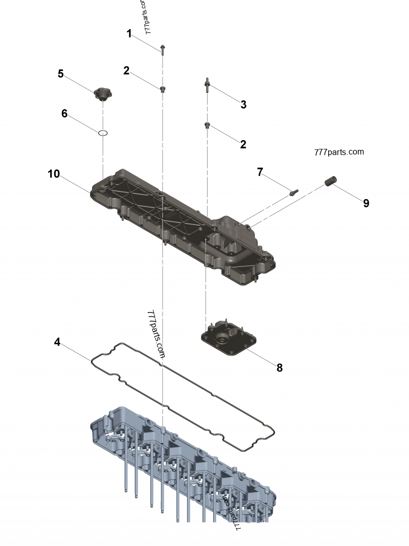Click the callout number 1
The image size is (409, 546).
[129, 34]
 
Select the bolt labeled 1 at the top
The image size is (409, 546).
[162, 49]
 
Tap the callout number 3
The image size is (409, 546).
[243, 104]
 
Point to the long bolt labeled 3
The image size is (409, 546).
[207, 85]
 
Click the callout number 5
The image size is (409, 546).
[61, 74]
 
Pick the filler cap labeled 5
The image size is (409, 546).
[104, 94]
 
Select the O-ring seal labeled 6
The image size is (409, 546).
[103, 133]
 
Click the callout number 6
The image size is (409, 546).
[64, 113]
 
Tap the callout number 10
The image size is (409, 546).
[54, 174]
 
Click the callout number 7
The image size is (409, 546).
[260, 172]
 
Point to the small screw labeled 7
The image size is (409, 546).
[294, 193]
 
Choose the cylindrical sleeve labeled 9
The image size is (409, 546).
[330, 182]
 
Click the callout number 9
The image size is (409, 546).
[366, 203]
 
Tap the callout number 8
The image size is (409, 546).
[279, 367]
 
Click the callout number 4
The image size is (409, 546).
[57, 342]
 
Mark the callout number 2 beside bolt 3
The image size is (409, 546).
[243, 144]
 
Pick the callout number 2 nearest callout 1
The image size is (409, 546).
[126, 71]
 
